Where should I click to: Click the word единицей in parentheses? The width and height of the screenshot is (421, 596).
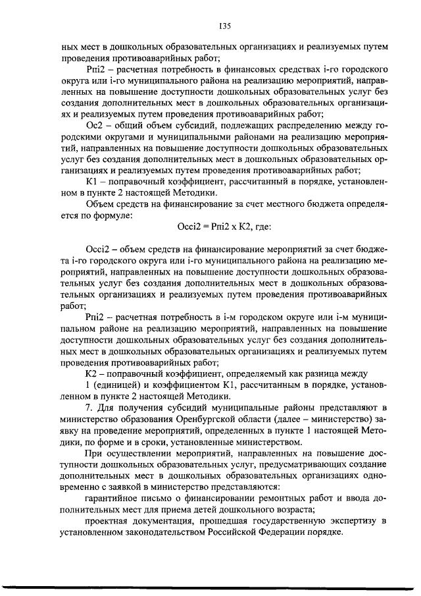116,384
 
